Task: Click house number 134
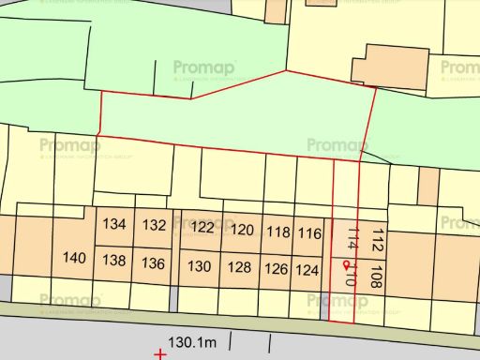115,225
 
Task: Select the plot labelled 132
155,225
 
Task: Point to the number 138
114,261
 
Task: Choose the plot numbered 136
154,263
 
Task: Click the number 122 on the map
202,228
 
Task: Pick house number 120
243,230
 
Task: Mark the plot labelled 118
278,232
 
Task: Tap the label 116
309,233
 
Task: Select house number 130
200,267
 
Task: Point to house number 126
276,270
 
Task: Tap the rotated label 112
377,241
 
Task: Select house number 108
377,277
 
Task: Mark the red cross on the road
160,354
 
